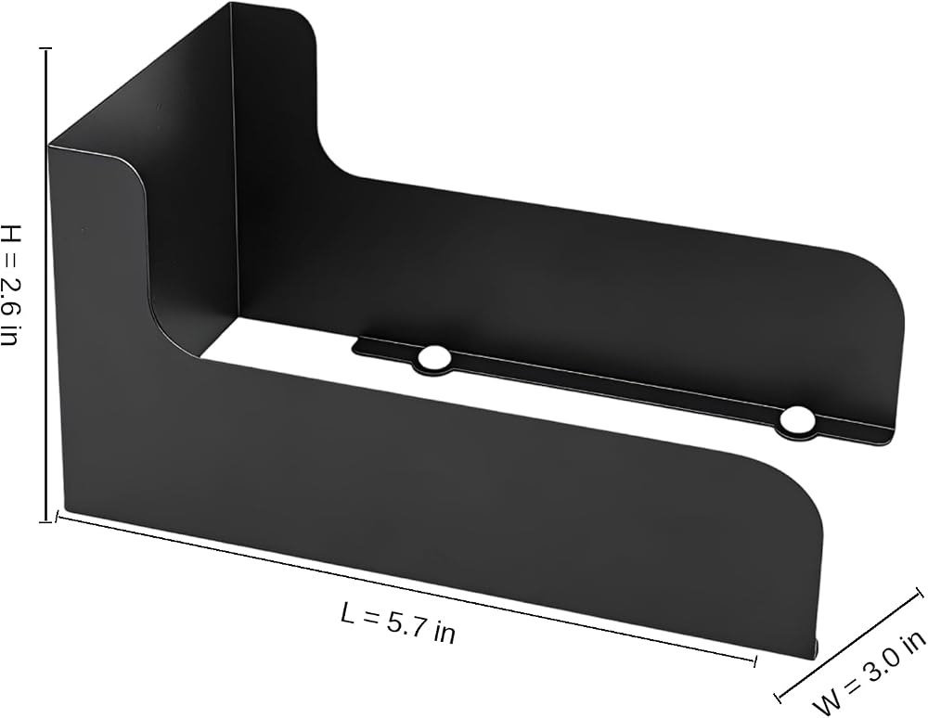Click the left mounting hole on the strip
(x=433, y=357)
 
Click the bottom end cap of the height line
(x=45, y=521)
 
